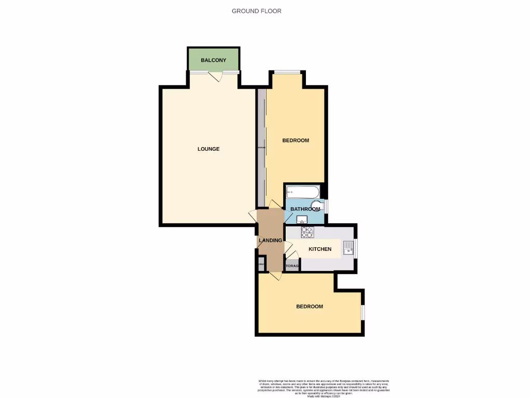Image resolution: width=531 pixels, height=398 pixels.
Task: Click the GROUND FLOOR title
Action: pos(256,11)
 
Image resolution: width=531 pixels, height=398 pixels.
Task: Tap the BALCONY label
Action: pos(214,61)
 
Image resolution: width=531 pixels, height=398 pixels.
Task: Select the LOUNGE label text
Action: pos(208,149)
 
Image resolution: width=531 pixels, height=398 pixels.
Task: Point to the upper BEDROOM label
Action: pos(296,140)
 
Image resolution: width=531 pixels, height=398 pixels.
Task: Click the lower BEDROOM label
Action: pos(310,306)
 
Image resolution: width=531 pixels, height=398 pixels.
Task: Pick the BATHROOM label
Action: pos(305,209)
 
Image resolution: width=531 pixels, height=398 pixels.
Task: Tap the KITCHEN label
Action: pos(320,249)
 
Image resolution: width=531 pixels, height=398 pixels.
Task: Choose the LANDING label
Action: pos(270,240)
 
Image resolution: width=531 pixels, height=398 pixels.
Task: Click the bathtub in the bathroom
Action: pos(302,192)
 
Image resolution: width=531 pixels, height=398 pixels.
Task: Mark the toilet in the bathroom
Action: pos(317,205)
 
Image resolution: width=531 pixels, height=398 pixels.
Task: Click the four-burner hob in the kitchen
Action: pos(307,232)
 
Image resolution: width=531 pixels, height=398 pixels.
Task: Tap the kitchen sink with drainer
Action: pos(348,249)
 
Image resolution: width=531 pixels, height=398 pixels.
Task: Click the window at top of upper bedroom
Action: pos(287,72)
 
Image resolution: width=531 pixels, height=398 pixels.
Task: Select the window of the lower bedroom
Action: pos(363,312)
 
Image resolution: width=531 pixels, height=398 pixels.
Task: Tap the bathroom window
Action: pos(326,206)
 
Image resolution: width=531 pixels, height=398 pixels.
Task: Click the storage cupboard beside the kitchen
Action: pos(292,266)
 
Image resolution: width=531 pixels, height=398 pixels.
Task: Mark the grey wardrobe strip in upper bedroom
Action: pos(261,148)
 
